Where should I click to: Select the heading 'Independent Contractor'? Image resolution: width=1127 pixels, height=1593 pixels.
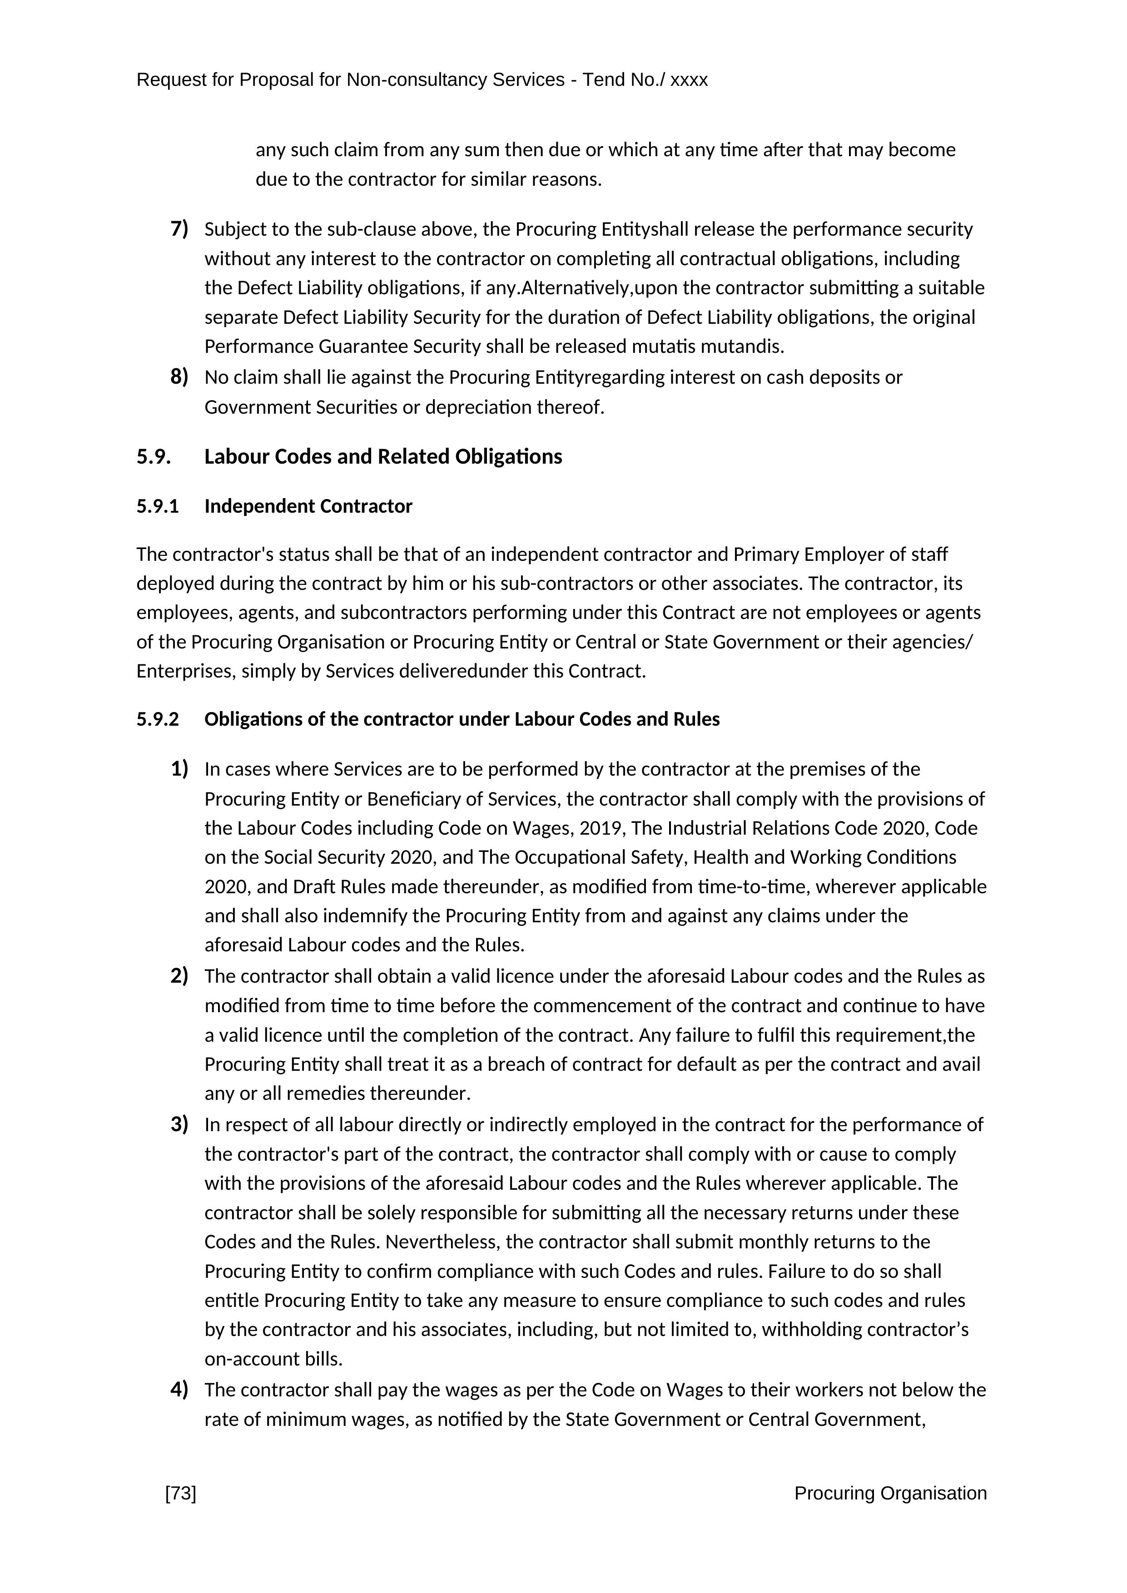pos(308,506)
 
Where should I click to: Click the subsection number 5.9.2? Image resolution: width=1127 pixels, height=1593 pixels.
pos(158,719)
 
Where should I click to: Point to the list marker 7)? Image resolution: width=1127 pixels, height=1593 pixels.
pos(179,228)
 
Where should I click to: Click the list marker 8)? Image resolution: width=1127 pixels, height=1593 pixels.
pos(179,377)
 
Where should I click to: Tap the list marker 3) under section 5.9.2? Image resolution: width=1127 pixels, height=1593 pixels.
pos(179,1124)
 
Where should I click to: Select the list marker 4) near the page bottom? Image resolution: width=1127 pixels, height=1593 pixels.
pos(179,1390)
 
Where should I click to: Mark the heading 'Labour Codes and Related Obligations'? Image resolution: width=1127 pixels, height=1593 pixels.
pos(383,456)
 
